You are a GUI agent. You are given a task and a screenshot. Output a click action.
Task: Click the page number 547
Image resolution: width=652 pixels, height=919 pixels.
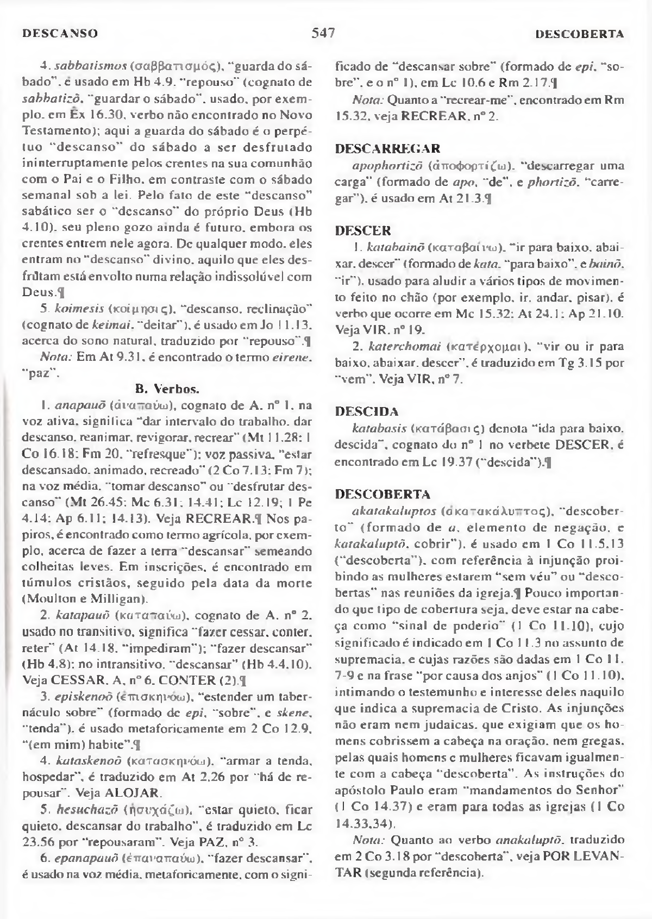click(323, 33)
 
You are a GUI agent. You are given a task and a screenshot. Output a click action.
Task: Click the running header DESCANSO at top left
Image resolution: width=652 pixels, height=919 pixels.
click(60, 34)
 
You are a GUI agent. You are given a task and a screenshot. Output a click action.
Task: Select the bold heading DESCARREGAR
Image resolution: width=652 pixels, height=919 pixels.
click(388, 148)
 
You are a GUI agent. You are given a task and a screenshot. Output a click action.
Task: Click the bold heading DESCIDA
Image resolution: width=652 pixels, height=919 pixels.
click(367, 411)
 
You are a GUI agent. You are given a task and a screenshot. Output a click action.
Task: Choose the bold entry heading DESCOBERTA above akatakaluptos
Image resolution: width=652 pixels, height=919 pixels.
click(375, 495)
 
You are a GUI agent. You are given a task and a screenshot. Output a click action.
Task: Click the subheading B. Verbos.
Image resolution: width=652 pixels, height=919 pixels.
click(167, 389)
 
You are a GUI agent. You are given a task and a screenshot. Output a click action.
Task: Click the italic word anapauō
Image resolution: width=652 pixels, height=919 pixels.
click(80, 405)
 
